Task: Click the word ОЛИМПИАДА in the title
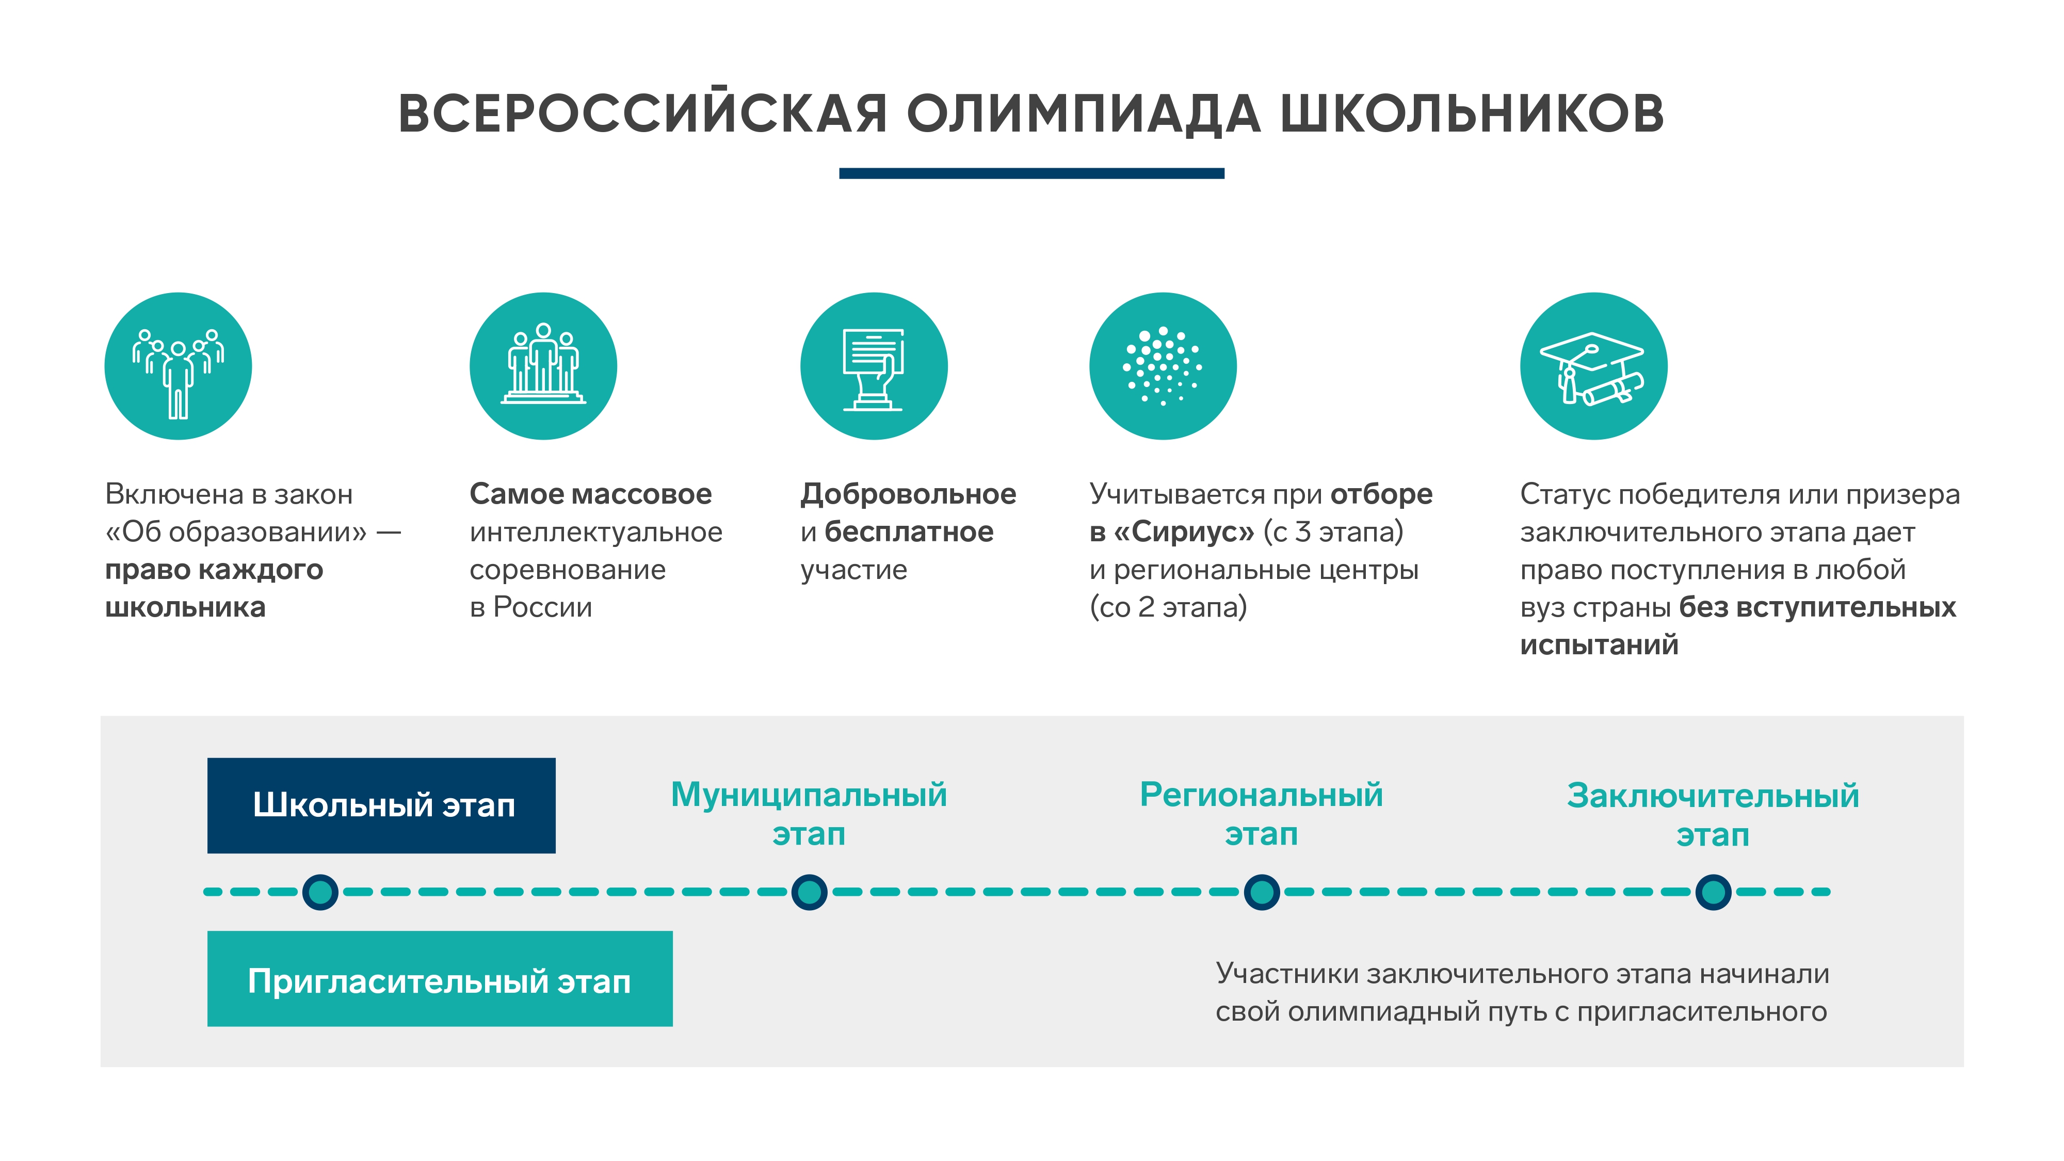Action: (1084, 114)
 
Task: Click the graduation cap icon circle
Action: (1594, 366)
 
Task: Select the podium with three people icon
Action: (543, 366)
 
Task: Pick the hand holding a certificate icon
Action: (874, 366)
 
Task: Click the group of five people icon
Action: (178, 366)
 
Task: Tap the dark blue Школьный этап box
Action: (381, 805)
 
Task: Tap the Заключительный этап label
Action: (1713, 815)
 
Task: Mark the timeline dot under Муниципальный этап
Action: (809, 892)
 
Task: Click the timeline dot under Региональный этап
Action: (1262, 892)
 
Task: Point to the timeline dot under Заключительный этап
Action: (1714, 892)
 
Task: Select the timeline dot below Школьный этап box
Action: (320, 892)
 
